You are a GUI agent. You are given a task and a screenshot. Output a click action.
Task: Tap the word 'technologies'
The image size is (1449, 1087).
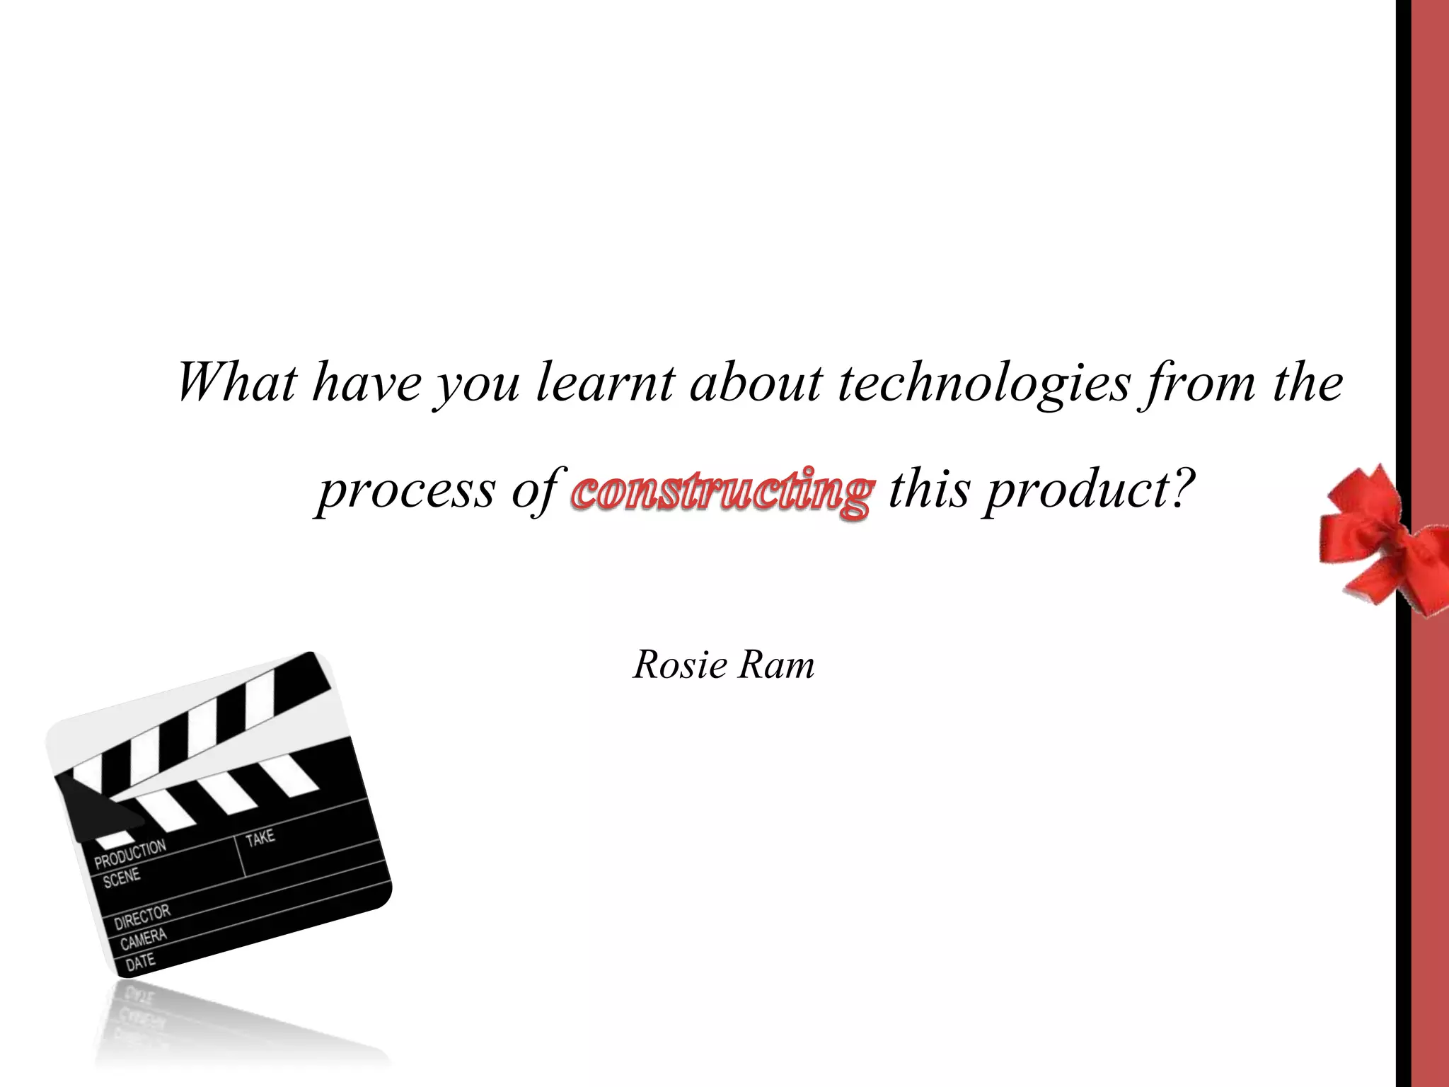pos(984,384)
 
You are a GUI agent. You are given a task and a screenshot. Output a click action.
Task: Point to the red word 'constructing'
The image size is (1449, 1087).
pos(722,491)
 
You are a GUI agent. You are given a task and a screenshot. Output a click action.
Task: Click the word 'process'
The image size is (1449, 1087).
pos(406,491)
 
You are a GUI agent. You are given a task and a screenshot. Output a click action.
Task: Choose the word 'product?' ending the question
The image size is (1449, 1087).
pos(1090,490)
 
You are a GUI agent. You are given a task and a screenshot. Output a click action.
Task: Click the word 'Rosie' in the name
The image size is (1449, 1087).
pos(681,665)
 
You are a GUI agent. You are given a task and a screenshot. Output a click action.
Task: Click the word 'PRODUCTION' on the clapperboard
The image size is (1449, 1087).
pos(130,853)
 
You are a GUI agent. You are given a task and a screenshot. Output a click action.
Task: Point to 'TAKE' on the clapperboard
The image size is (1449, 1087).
pos(260,838)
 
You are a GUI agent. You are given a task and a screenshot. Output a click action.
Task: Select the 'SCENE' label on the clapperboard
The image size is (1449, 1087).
pos(122,879)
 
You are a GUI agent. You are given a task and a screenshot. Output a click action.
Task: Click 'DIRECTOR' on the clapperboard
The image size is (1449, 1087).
pos(142,916)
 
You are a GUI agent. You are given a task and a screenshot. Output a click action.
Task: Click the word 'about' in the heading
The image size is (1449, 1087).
pos(756,382)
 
